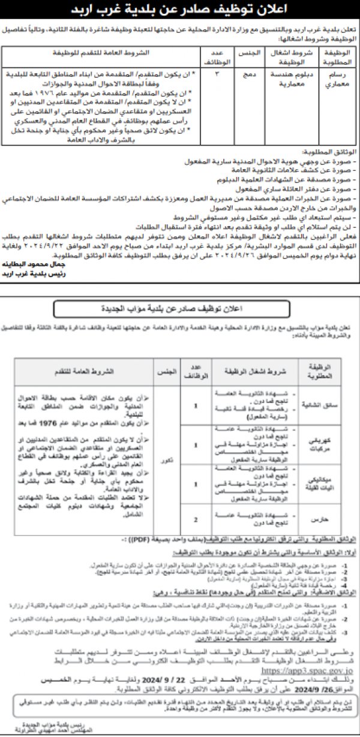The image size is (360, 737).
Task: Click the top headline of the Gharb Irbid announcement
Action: tap(180, 11)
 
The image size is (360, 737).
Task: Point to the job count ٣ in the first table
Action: tap(208, 74)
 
